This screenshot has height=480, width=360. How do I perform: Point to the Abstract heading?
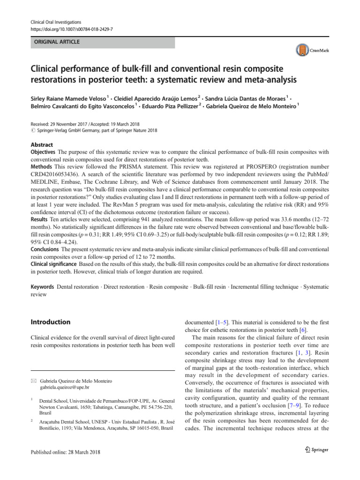42,145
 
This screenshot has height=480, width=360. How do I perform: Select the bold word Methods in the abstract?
41,166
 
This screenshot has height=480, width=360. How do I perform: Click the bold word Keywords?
42,286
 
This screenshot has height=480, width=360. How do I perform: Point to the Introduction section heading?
50,322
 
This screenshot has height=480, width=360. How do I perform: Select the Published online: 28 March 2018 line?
65,452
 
